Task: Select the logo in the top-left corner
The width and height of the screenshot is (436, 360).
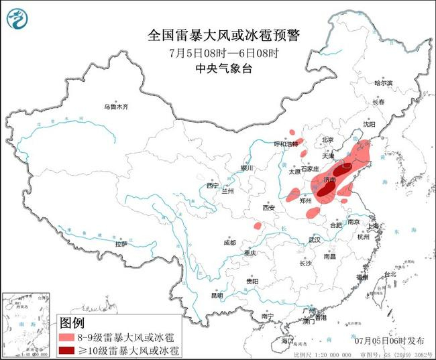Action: tap(17, 18)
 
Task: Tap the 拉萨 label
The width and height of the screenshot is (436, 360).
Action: tap(121, 244)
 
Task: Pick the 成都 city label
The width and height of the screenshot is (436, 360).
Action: tap(229, 242)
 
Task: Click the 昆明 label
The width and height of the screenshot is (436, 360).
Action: tap(217, 295)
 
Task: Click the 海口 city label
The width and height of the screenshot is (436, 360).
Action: tap(288, 341)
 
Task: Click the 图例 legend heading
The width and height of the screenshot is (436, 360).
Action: tap(72, 323)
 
